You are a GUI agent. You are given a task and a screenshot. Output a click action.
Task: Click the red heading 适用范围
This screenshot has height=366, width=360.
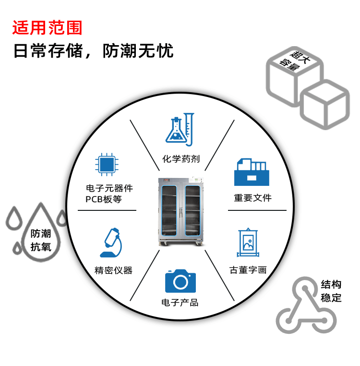[x=47, y=28]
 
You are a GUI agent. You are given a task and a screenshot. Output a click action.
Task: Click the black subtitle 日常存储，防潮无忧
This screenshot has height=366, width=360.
[x=93, y=51]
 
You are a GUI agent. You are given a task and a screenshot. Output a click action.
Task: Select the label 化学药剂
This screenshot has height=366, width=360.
[x=180, y=159]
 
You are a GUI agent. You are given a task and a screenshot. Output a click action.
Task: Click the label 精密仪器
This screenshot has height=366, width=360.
[x=113, y=270]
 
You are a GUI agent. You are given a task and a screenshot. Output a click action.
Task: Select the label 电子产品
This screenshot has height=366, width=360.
[x=180, y=302]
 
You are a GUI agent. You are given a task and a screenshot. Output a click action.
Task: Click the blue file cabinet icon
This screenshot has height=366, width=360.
[x=252, y=172]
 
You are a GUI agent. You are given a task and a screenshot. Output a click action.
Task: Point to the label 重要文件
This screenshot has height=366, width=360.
[x=253, y=198]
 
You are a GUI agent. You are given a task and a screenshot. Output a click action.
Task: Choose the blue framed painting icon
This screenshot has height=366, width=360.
[x=248, y=243]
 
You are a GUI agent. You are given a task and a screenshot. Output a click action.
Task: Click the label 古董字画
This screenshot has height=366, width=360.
[x=248, y=270]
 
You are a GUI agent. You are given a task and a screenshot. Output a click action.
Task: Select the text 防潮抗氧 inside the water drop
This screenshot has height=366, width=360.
[x=41, y=240]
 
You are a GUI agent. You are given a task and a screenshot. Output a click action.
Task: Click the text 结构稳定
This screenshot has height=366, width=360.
[x=331, y=291]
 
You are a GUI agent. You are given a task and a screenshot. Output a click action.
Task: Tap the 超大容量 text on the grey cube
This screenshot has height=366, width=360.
[x=295, y=60]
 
